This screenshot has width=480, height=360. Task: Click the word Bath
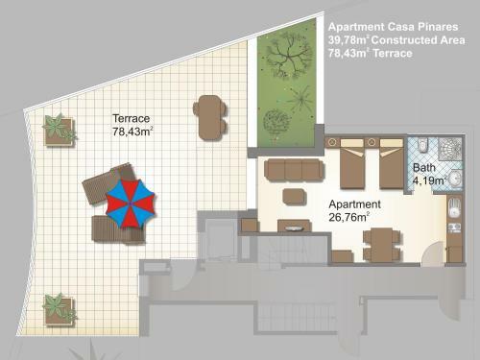[x=424, y=167]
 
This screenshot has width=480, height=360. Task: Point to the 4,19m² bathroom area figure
[x=428, y=180]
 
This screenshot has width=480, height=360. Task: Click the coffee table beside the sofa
[x=292, y=196]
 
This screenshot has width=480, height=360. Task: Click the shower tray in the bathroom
[x=446, y=152]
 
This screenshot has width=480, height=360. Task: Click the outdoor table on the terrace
[x=209, y=118]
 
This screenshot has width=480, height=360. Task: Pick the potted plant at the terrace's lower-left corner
[x=60, y=309]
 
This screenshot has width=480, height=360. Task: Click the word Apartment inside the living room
[x=354, y=204]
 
